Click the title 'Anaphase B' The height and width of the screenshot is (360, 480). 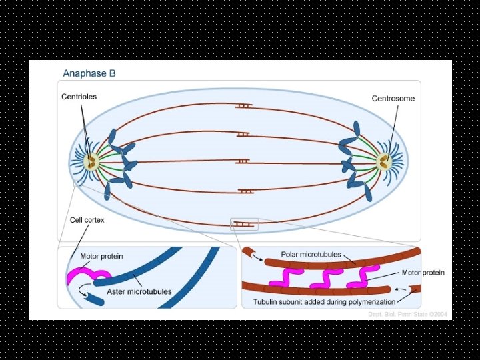coord(89,73)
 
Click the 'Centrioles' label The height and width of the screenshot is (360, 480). coord(79,97)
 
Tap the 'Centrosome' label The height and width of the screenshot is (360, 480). coord(393,99)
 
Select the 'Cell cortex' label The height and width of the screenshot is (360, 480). coord(87,219)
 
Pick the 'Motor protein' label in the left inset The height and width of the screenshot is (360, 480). coord(101,256)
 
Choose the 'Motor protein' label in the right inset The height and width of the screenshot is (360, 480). coord(423,273)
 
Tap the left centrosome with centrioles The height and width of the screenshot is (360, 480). coord(89,161)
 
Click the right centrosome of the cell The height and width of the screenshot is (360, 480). coord(383,161)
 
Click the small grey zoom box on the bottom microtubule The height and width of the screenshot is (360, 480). coord(243,224)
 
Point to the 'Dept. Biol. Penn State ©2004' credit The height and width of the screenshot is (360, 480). coord(407,313)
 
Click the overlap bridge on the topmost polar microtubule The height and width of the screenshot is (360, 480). coord(243,106)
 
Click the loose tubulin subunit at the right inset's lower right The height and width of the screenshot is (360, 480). coord(414,289)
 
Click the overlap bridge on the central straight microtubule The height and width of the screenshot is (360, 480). coord(243,161)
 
